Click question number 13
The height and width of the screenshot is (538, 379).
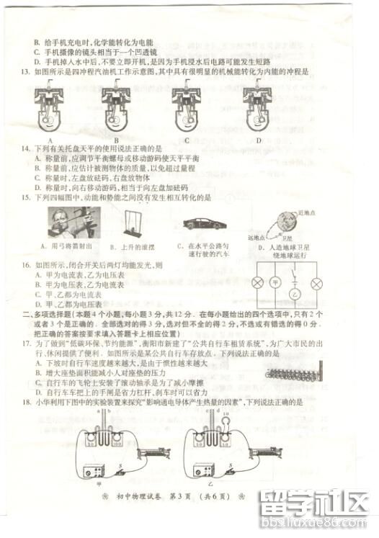[x=25, y=72]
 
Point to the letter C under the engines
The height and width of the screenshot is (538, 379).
[x=187, y=140]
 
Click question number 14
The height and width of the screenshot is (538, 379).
[x=25, y=148]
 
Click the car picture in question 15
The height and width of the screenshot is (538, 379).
[x=203, y=223]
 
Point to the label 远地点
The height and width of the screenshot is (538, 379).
[x=257, y=237]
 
